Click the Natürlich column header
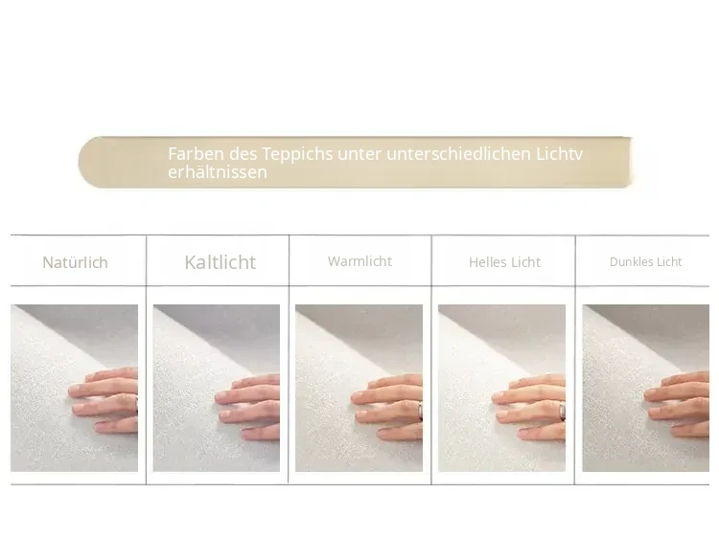(x=75, y=262)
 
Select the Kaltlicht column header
(x=220, y=262)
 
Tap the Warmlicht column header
(x=359, y=261)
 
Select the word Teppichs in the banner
(x=297, y=155)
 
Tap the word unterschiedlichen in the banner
(x=458, y=154)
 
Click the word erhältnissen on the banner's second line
(x=218, y=172)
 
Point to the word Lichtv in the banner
(x=560, y=154)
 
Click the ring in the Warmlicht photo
(x=420, y=411)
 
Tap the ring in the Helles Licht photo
(x=562, y=411)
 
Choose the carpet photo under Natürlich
(x=74, y=388)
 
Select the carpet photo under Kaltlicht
(x=217, y=388)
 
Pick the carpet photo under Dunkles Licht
(x=645, y=388)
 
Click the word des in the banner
(x=244, y=154)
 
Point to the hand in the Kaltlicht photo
(x=248, y=407)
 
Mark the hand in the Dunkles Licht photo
(x=678, y=404)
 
